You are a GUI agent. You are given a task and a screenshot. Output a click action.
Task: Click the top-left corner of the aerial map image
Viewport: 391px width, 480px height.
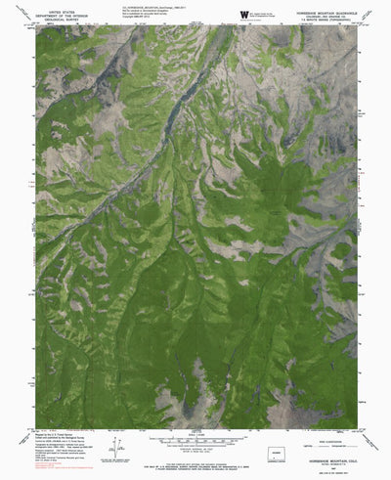[x=37, y=26]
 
